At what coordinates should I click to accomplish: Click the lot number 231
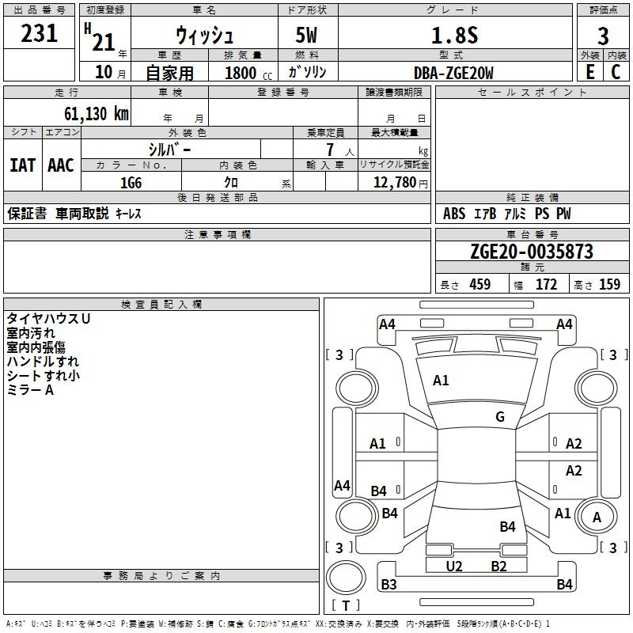pos(39,33)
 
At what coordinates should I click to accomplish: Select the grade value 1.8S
pos(454,35)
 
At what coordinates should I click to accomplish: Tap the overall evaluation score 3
pos(603,36)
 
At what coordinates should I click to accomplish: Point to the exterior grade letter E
pos(589,72)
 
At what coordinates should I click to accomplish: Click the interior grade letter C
pos(616,72)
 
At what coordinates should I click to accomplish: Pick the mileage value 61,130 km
pos(97,114)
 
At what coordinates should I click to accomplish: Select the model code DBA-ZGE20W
pos(453,73)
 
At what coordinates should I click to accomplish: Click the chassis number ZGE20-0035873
pos(532,252)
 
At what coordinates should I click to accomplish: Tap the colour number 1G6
pos(131,183)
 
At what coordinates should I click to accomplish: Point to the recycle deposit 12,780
pos(394,182)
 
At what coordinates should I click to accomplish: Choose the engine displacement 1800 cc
pos(248,73)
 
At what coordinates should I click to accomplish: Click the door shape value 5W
pos(306,35)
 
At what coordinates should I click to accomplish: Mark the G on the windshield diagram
pos(500,416)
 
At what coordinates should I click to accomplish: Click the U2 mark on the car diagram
pos(453,566)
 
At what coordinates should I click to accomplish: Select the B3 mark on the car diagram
pos(389,584)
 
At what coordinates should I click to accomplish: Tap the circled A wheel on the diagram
pos(597,517)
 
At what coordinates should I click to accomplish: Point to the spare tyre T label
pos(346,605)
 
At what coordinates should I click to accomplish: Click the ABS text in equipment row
pos(454,214)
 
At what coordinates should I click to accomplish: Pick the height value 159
pos(609,284)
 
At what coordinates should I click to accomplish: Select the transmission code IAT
pos(23,165)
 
